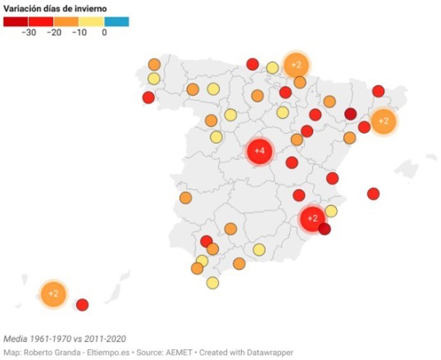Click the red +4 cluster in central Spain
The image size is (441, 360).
point(259,151)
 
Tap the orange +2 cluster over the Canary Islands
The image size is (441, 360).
point(53,294)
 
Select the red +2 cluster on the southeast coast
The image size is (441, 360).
point(313,219)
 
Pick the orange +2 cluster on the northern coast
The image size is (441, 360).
point(296,64)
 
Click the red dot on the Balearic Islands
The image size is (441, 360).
point(373,193)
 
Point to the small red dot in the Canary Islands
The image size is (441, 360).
point(82,304)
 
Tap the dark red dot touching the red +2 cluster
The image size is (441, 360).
point(325,229)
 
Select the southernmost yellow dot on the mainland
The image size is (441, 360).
point(213,283)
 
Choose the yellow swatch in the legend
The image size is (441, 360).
point(91,22)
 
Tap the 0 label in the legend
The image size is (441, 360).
point(104,33)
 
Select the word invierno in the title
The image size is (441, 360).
point(90,8)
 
